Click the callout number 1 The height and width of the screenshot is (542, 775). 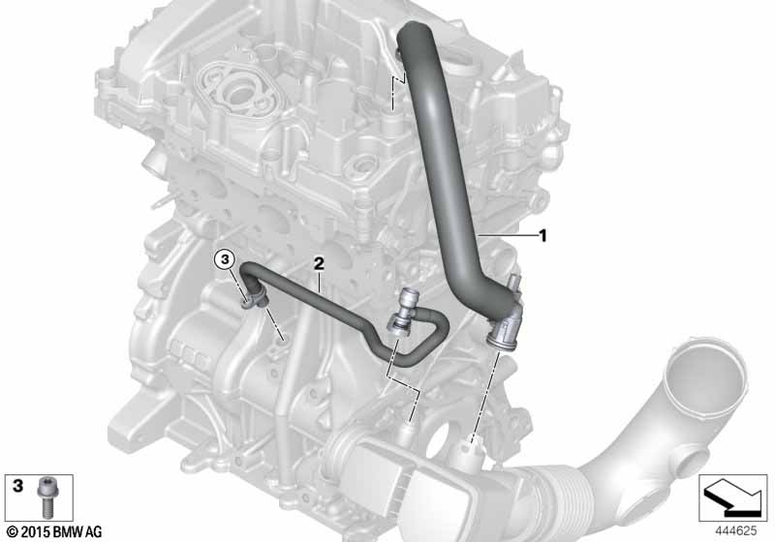(542, 236)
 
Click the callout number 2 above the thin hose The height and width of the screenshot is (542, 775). (319, 263)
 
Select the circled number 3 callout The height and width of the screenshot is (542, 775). (224, 258)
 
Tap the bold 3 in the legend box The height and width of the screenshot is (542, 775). (17, 486)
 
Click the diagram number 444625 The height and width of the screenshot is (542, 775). (736, 531)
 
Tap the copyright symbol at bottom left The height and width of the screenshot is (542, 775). (13, 532)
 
